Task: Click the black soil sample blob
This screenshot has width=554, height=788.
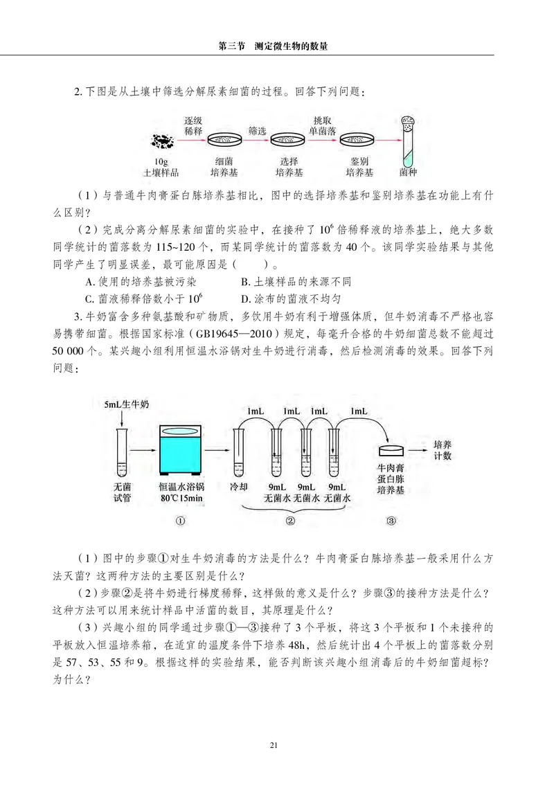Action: pos(163,141)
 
